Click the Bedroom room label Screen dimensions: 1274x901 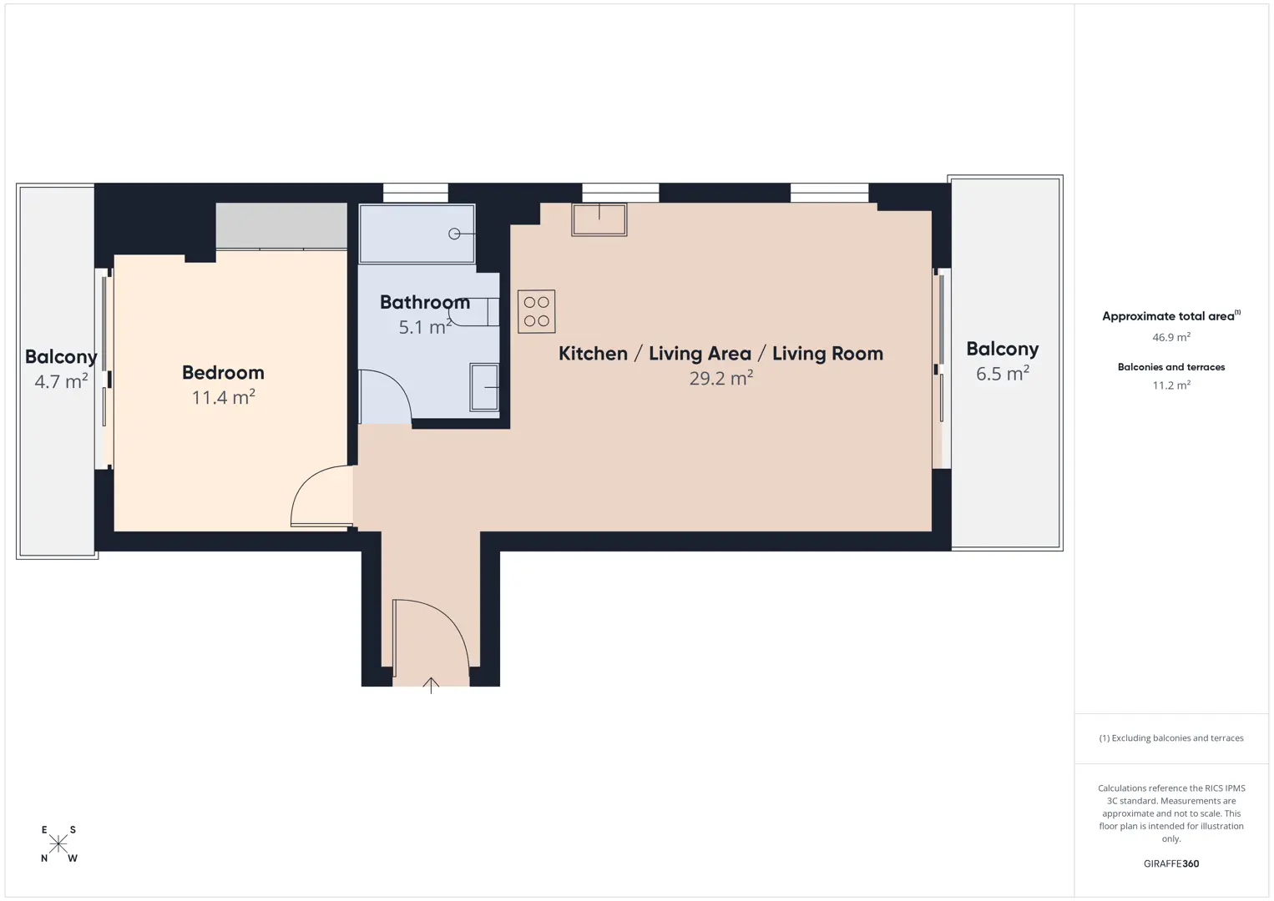click(223, 372)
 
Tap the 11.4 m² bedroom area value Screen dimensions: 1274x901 click(223, 397)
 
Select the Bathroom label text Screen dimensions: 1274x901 click(425, 302)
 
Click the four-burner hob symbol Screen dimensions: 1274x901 click(536, 311)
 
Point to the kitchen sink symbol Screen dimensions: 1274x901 click(599, 219)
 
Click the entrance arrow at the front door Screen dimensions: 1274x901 click(431, 685)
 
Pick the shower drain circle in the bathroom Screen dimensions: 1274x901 click(454, 234)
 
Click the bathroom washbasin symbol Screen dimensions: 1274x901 click(484, 387)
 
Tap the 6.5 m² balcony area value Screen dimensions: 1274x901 click(1003, 374)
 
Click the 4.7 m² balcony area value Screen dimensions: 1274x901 click(61, 381)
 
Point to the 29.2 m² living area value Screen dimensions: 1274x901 click(721, 378)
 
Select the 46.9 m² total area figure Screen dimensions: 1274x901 click(1171, 337)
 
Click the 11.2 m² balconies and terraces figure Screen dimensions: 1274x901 click(1171, 385)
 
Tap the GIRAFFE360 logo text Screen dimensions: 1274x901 click(1171, 863)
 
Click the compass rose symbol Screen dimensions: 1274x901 click(58, 844)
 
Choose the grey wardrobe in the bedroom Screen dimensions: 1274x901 click(281, 226)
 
